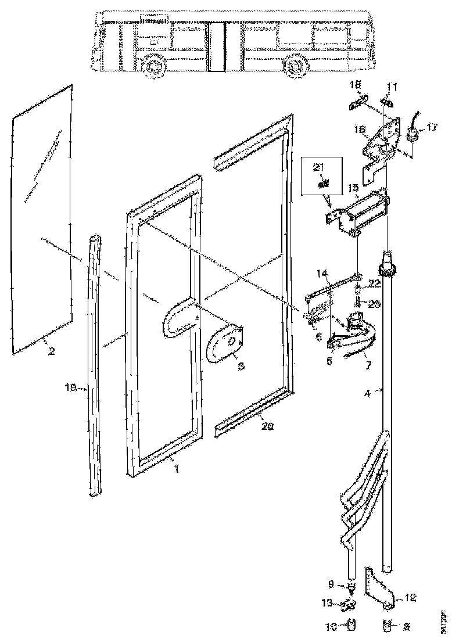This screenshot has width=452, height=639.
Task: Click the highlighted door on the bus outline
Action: coord(217,47)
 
